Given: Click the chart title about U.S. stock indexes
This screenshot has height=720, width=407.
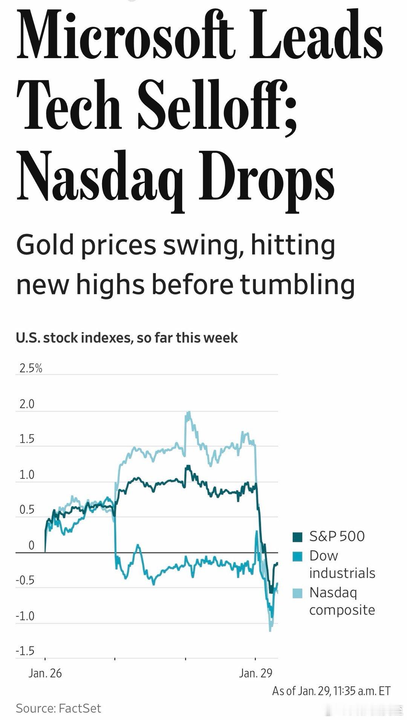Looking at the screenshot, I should (x=127, y=338).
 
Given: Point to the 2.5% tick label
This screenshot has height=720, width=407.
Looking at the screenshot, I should (x=31, y=368).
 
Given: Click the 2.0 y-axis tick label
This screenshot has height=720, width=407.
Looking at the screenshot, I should (x=27, y=404).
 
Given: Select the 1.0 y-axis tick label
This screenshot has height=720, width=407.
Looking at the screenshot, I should (x=27, y=474).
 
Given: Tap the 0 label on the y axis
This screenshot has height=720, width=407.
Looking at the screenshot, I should (x=31, y=545).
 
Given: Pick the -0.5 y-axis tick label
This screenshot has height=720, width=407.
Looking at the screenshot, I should (x=25, y=580).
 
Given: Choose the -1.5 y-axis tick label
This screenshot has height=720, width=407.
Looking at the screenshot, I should (x=25, y=651).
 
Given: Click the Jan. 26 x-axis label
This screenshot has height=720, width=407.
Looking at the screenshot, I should (x=45, y=673).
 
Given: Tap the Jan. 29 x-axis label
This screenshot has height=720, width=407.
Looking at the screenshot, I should (x=256, y=673).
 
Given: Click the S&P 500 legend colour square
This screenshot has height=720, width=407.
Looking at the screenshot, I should (x=297, y=537).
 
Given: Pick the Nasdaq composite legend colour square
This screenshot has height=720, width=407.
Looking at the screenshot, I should (x=297, y=593).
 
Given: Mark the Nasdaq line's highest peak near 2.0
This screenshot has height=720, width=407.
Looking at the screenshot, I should (x=188, y=412).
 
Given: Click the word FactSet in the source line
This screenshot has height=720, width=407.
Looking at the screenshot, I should (x=80, y=708).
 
